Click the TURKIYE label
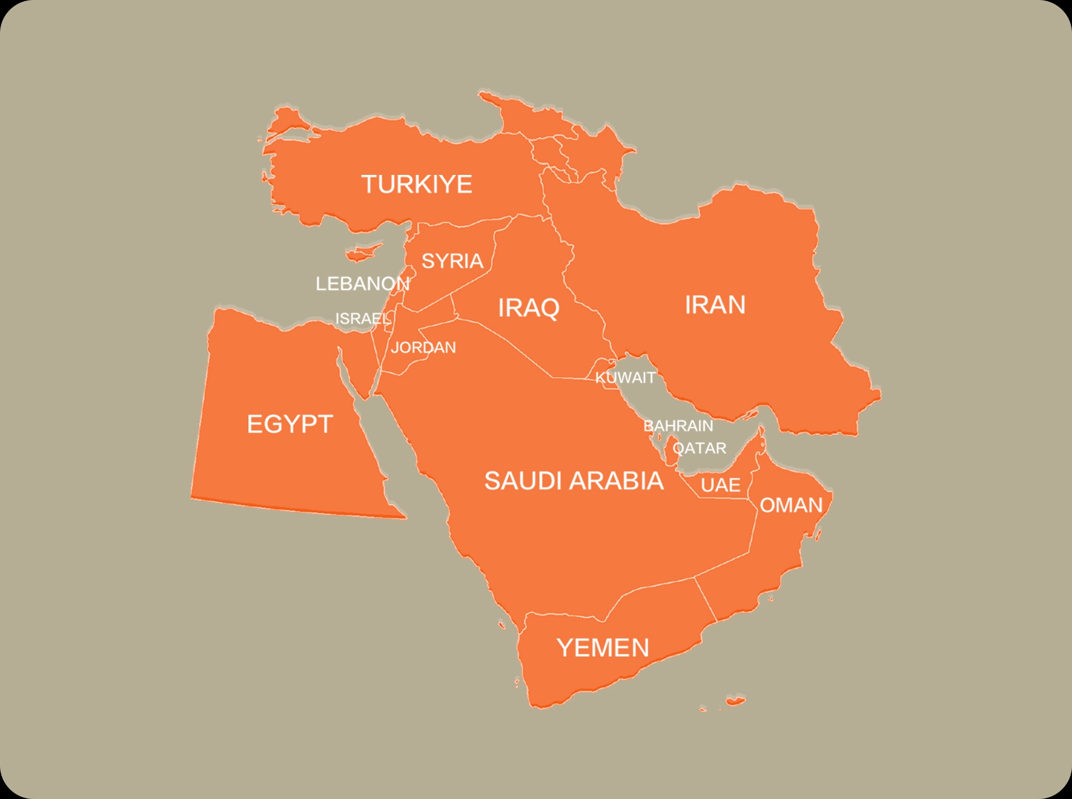coord(417,184)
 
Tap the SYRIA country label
coord(452,261)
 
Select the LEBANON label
coord(362,284)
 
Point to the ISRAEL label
coord(363,318)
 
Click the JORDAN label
coord(423,348)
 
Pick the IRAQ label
coord(528,308)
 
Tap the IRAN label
coord(715,305)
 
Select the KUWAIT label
coord(625,378)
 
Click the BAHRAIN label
coord(678,426)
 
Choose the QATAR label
coord(700,448)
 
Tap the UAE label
coord(721,485)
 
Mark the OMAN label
coord(791,505)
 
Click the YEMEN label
coord(603,648)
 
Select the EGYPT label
coord(290,424)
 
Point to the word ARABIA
coord(617,481)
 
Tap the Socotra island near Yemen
coord(735,701)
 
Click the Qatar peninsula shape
coord(671,450)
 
